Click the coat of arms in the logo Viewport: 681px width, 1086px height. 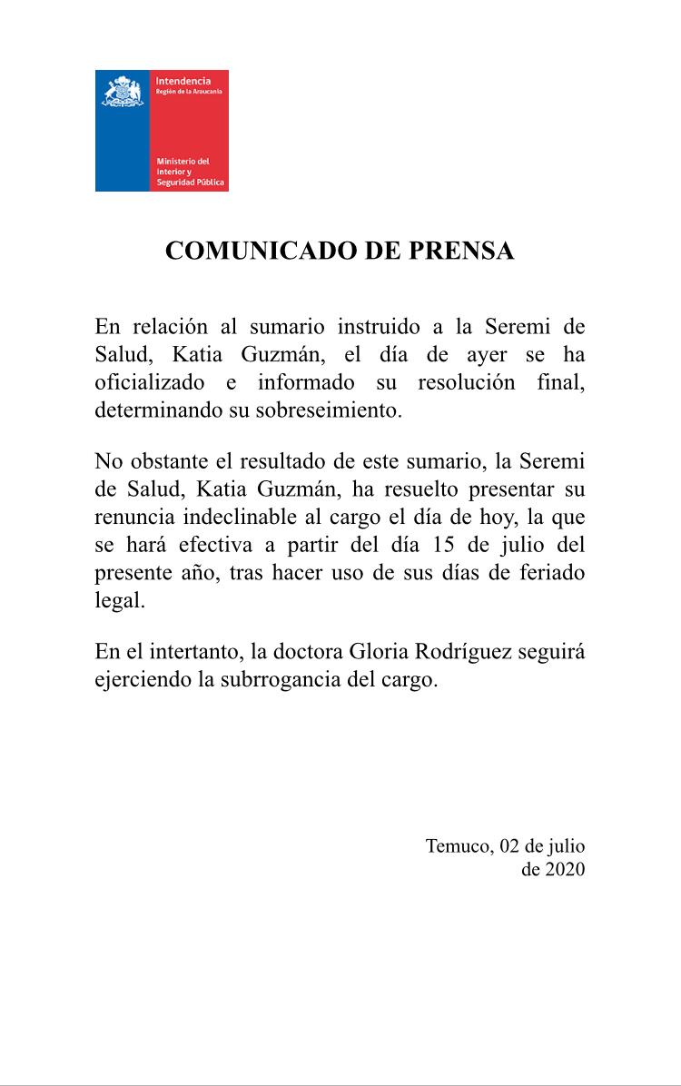123,94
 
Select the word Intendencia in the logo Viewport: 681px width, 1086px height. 183,82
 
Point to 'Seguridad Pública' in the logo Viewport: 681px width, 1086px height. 190,184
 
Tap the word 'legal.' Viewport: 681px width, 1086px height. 120,603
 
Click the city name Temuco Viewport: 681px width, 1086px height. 459,846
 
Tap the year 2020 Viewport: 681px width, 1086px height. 566,869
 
